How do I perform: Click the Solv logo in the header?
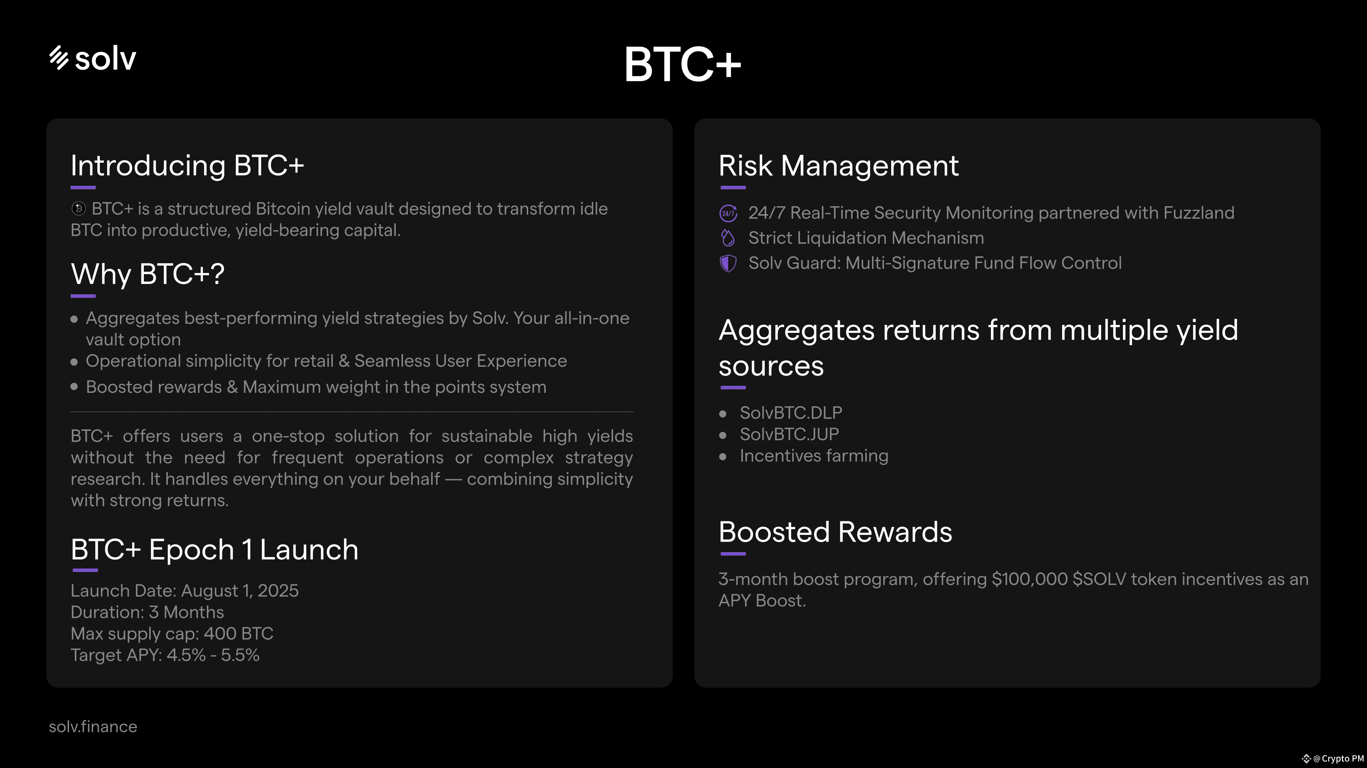[93, 58]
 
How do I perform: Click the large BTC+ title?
[682, 64]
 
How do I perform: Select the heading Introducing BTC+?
[187, 166]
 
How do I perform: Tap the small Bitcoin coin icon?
[78, 209]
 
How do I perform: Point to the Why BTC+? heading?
[147, 274]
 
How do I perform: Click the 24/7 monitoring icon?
[728, 213]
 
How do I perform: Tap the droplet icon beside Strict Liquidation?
[728, 238]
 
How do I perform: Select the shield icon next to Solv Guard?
[728, 263]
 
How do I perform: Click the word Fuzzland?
[1199, 213]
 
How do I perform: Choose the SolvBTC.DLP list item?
[791, 413]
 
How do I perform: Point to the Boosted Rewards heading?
[835, 532]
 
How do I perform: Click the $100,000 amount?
[1030, 579]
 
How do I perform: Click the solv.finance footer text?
[93, 727]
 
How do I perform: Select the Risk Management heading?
[838, 166]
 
